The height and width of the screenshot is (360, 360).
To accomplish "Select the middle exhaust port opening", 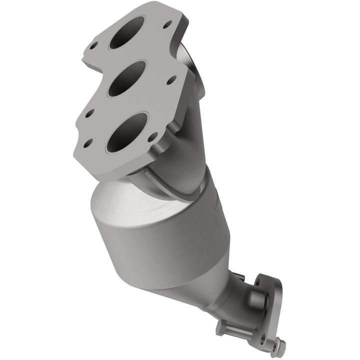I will tap(128, 79).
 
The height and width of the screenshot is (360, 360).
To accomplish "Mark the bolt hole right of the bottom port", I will tap(154, 135).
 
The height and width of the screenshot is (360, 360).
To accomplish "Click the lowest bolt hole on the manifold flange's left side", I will tap(89, 144).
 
